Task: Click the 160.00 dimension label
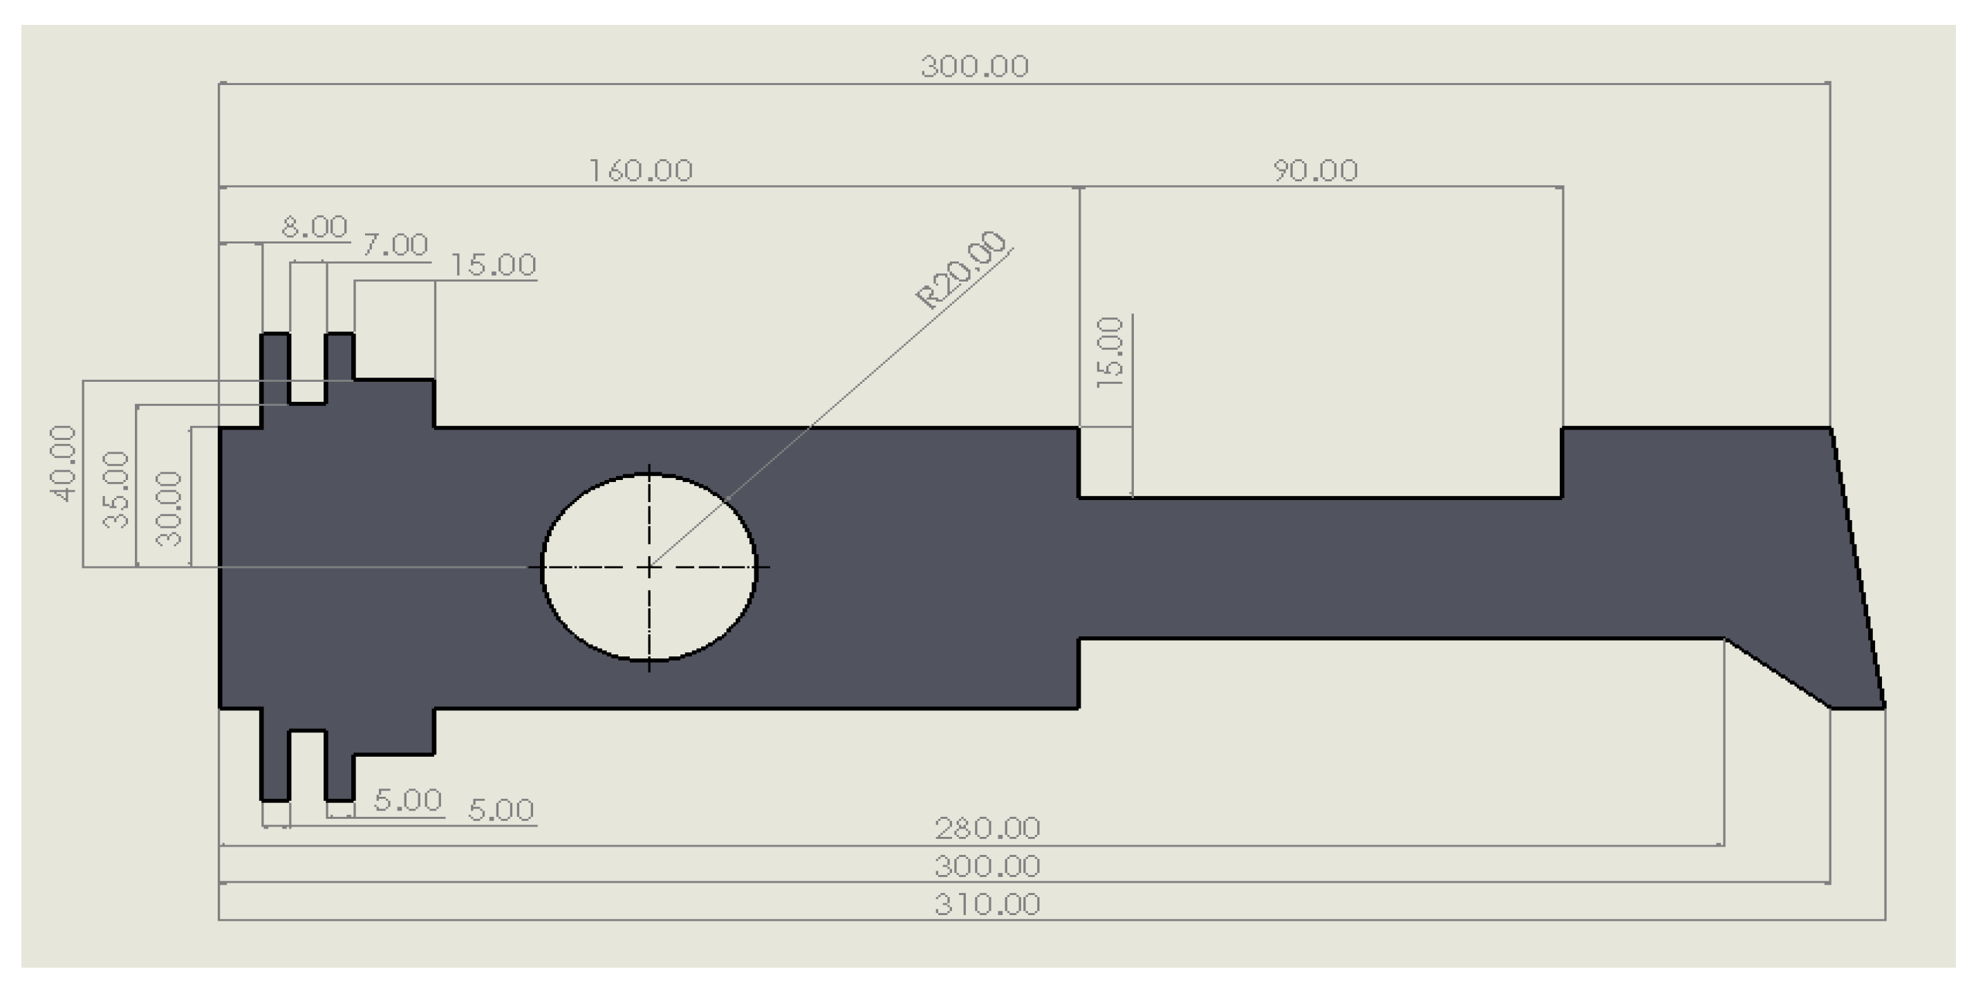coord(640,170)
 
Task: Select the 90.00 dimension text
coord(1315,170)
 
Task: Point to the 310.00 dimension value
coord(987,905)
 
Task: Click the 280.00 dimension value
coord(987,829)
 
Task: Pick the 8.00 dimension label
coord(315,227)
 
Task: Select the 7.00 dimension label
coord(395,246)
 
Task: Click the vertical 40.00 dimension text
coord(63,463)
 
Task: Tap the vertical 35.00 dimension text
coord(116,490)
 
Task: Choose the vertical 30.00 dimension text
coord(169,508)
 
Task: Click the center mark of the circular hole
coord(649,568)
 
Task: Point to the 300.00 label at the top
coord(974,67)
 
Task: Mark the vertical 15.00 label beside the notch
coord(1110,352)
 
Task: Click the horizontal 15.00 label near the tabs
coord(492,266)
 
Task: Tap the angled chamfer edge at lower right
coord(1778,673)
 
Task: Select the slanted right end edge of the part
coord(1858,568)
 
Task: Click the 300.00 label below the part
coord(987,867)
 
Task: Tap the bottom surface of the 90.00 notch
coord(1319,497)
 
